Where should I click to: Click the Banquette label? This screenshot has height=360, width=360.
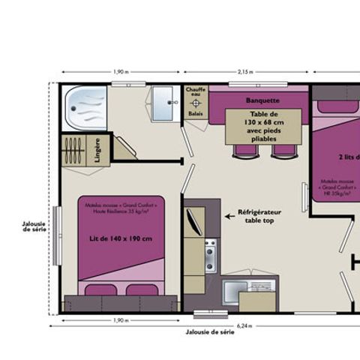point(262,100)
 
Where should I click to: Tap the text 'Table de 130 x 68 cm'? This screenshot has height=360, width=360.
point(263,120)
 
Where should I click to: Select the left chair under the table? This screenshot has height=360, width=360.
point(245,151)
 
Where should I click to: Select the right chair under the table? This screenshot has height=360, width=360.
point(283,151)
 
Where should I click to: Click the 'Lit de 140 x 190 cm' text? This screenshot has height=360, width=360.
point(121,239)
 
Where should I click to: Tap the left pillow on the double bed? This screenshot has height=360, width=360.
point(100,289)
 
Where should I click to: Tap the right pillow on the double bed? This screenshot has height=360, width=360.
point(141,289)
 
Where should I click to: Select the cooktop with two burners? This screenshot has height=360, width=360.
point(211,255)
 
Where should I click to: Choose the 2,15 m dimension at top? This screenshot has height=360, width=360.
point(245,72)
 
